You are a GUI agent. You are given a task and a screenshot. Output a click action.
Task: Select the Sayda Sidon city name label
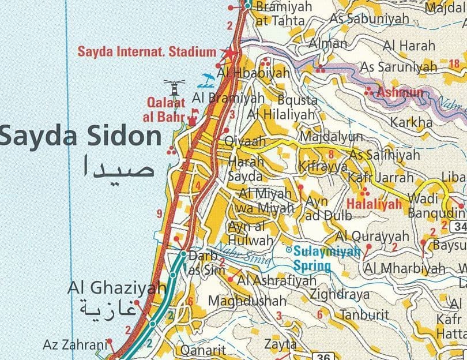click(81, 137)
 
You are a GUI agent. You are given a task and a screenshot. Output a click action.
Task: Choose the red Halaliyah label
click(374, 204)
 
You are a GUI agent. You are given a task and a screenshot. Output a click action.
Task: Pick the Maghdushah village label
click(247, 301)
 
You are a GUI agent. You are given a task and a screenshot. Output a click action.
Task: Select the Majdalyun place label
click(332, 137)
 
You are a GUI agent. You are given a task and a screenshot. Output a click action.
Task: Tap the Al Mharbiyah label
click(405, 268)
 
